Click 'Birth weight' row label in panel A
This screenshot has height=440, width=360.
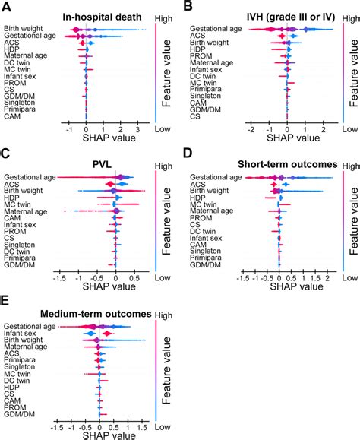click(24, 29)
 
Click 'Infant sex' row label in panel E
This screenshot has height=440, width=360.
click(21, 333)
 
